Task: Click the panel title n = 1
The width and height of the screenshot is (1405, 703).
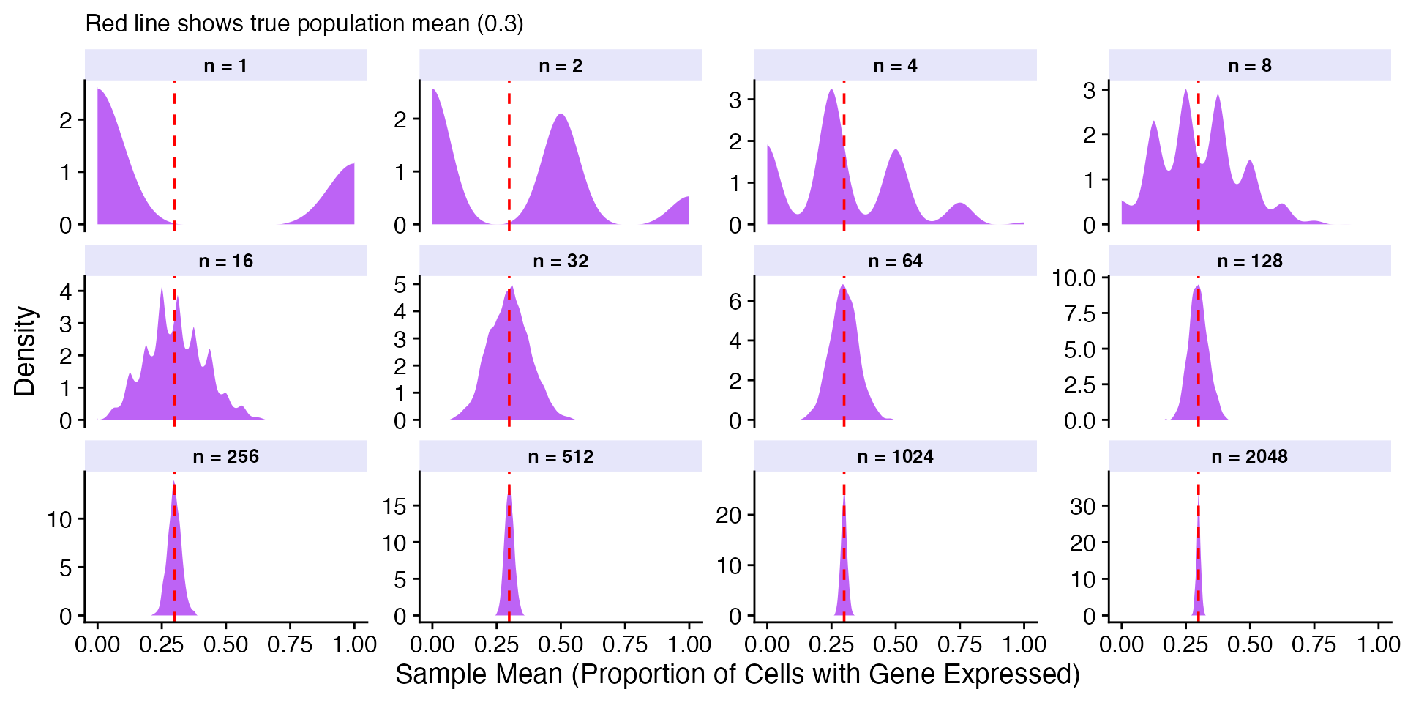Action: [225, 66]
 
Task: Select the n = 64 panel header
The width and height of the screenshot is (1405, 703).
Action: [895, 261]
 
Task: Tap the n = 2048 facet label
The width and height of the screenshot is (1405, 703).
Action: [1249, 457]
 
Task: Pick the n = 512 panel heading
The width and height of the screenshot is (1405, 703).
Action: [561, 457]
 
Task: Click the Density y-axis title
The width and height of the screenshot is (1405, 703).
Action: [25, 351]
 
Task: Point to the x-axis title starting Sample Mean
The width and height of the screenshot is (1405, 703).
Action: [737, 674]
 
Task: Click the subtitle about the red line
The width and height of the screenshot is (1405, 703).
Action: [304, 23]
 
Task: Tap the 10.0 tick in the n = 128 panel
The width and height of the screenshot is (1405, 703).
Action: [1074, 278]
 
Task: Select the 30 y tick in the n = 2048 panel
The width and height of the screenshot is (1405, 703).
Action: [1083, 506]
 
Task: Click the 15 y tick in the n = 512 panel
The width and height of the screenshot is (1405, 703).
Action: [394, 505]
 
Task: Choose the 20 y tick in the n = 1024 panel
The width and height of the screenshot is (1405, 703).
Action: [729, 516]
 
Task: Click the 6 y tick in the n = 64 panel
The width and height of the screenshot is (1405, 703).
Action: [735, 301]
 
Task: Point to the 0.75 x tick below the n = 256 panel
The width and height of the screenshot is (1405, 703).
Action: [290, 644]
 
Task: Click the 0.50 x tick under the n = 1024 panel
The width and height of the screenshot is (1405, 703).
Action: [895, 644]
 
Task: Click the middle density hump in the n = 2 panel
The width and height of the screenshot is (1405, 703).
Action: [561, 168]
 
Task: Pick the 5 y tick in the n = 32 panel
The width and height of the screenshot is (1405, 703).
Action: [400, 284]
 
